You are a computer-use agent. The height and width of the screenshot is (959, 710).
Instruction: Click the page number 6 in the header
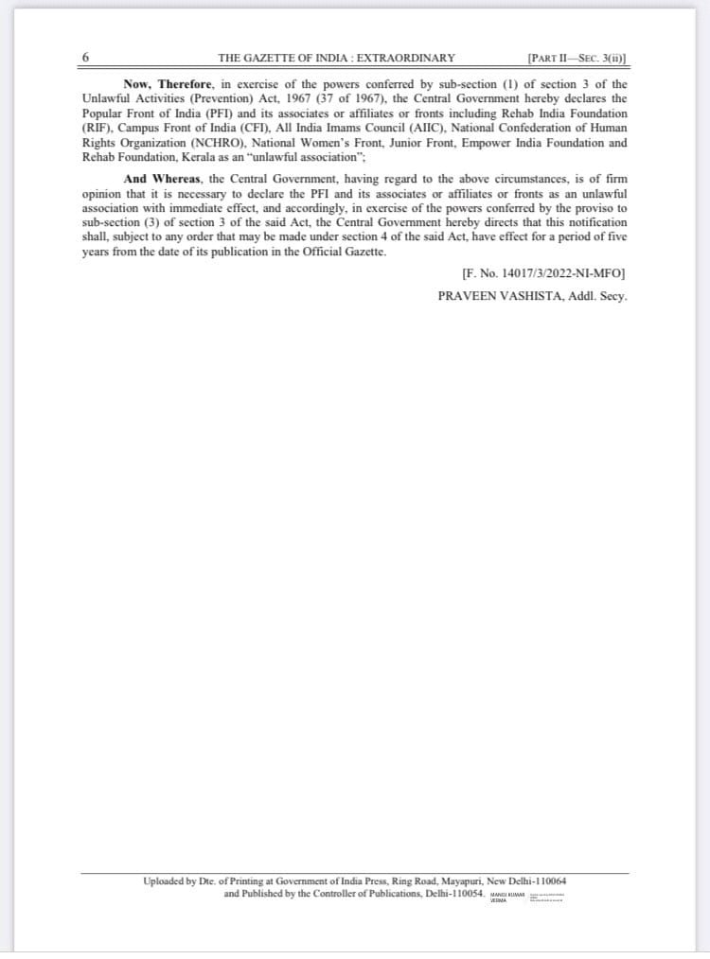point(87,57)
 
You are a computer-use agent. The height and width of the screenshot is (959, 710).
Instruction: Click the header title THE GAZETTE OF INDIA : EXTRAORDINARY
point(336,58)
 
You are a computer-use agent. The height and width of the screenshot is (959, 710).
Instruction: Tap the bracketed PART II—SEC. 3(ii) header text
point(577,58)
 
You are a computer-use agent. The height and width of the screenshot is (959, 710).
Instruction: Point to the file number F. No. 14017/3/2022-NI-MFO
point(542,273)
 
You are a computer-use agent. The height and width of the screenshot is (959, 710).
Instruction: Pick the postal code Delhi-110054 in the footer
point(449,893)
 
